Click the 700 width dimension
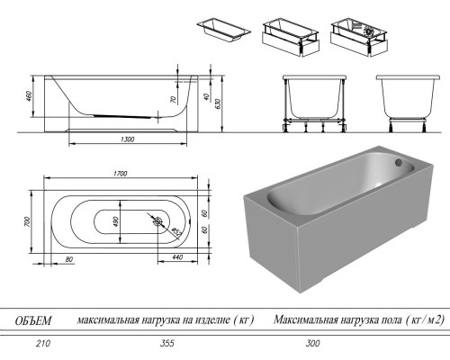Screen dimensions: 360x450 (29, 221)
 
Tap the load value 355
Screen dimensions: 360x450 (164, 343)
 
